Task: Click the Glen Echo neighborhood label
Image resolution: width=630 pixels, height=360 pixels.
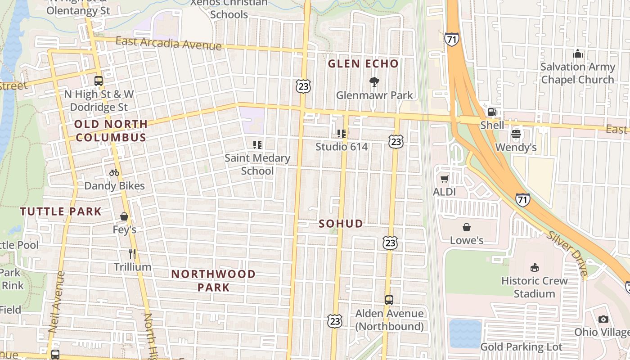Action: click(363, 64)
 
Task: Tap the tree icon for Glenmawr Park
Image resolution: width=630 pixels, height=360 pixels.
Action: click(374, 82)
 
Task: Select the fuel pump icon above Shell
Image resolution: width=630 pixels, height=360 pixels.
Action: click(492, 112)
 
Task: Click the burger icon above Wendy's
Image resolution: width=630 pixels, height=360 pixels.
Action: click(516, 134)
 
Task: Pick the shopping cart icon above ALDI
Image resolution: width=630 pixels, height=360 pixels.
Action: click(445, 179)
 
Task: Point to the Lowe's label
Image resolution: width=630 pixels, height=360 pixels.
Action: click(467, 240)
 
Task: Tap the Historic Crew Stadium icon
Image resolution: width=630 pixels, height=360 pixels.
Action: click(534, 268)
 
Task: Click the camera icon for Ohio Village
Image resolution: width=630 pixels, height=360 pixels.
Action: click(603, 319)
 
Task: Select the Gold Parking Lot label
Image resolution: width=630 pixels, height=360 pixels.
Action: click(521, 347)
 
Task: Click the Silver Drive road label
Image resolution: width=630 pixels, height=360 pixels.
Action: click(568, 254)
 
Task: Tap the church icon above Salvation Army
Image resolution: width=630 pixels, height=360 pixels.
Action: click(578, 54)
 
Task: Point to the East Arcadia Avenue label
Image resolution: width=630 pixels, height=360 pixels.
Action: click(169, 44)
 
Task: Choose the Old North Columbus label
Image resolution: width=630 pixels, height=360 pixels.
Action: click(111, 131)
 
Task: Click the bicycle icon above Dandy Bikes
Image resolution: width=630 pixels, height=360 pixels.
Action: click(114, 172)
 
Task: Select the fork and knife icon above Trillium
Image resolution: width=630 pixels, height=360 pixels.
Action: click(132, 254)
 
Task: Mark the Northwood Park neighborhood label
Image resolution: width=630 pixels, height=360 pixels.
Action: click(213, 280)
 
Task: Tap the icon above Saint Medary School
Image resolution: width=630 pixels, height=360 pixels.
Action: click(257, 145)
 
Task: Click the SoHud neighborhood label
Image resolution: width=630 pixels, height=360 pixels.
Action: click(341, 224)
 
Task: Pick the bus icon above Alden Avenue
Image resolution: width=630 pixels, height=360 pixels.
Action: click(389, 300)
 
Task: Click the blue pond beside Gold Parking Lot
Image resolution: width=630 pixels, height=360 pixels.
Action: click(465, 333)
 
